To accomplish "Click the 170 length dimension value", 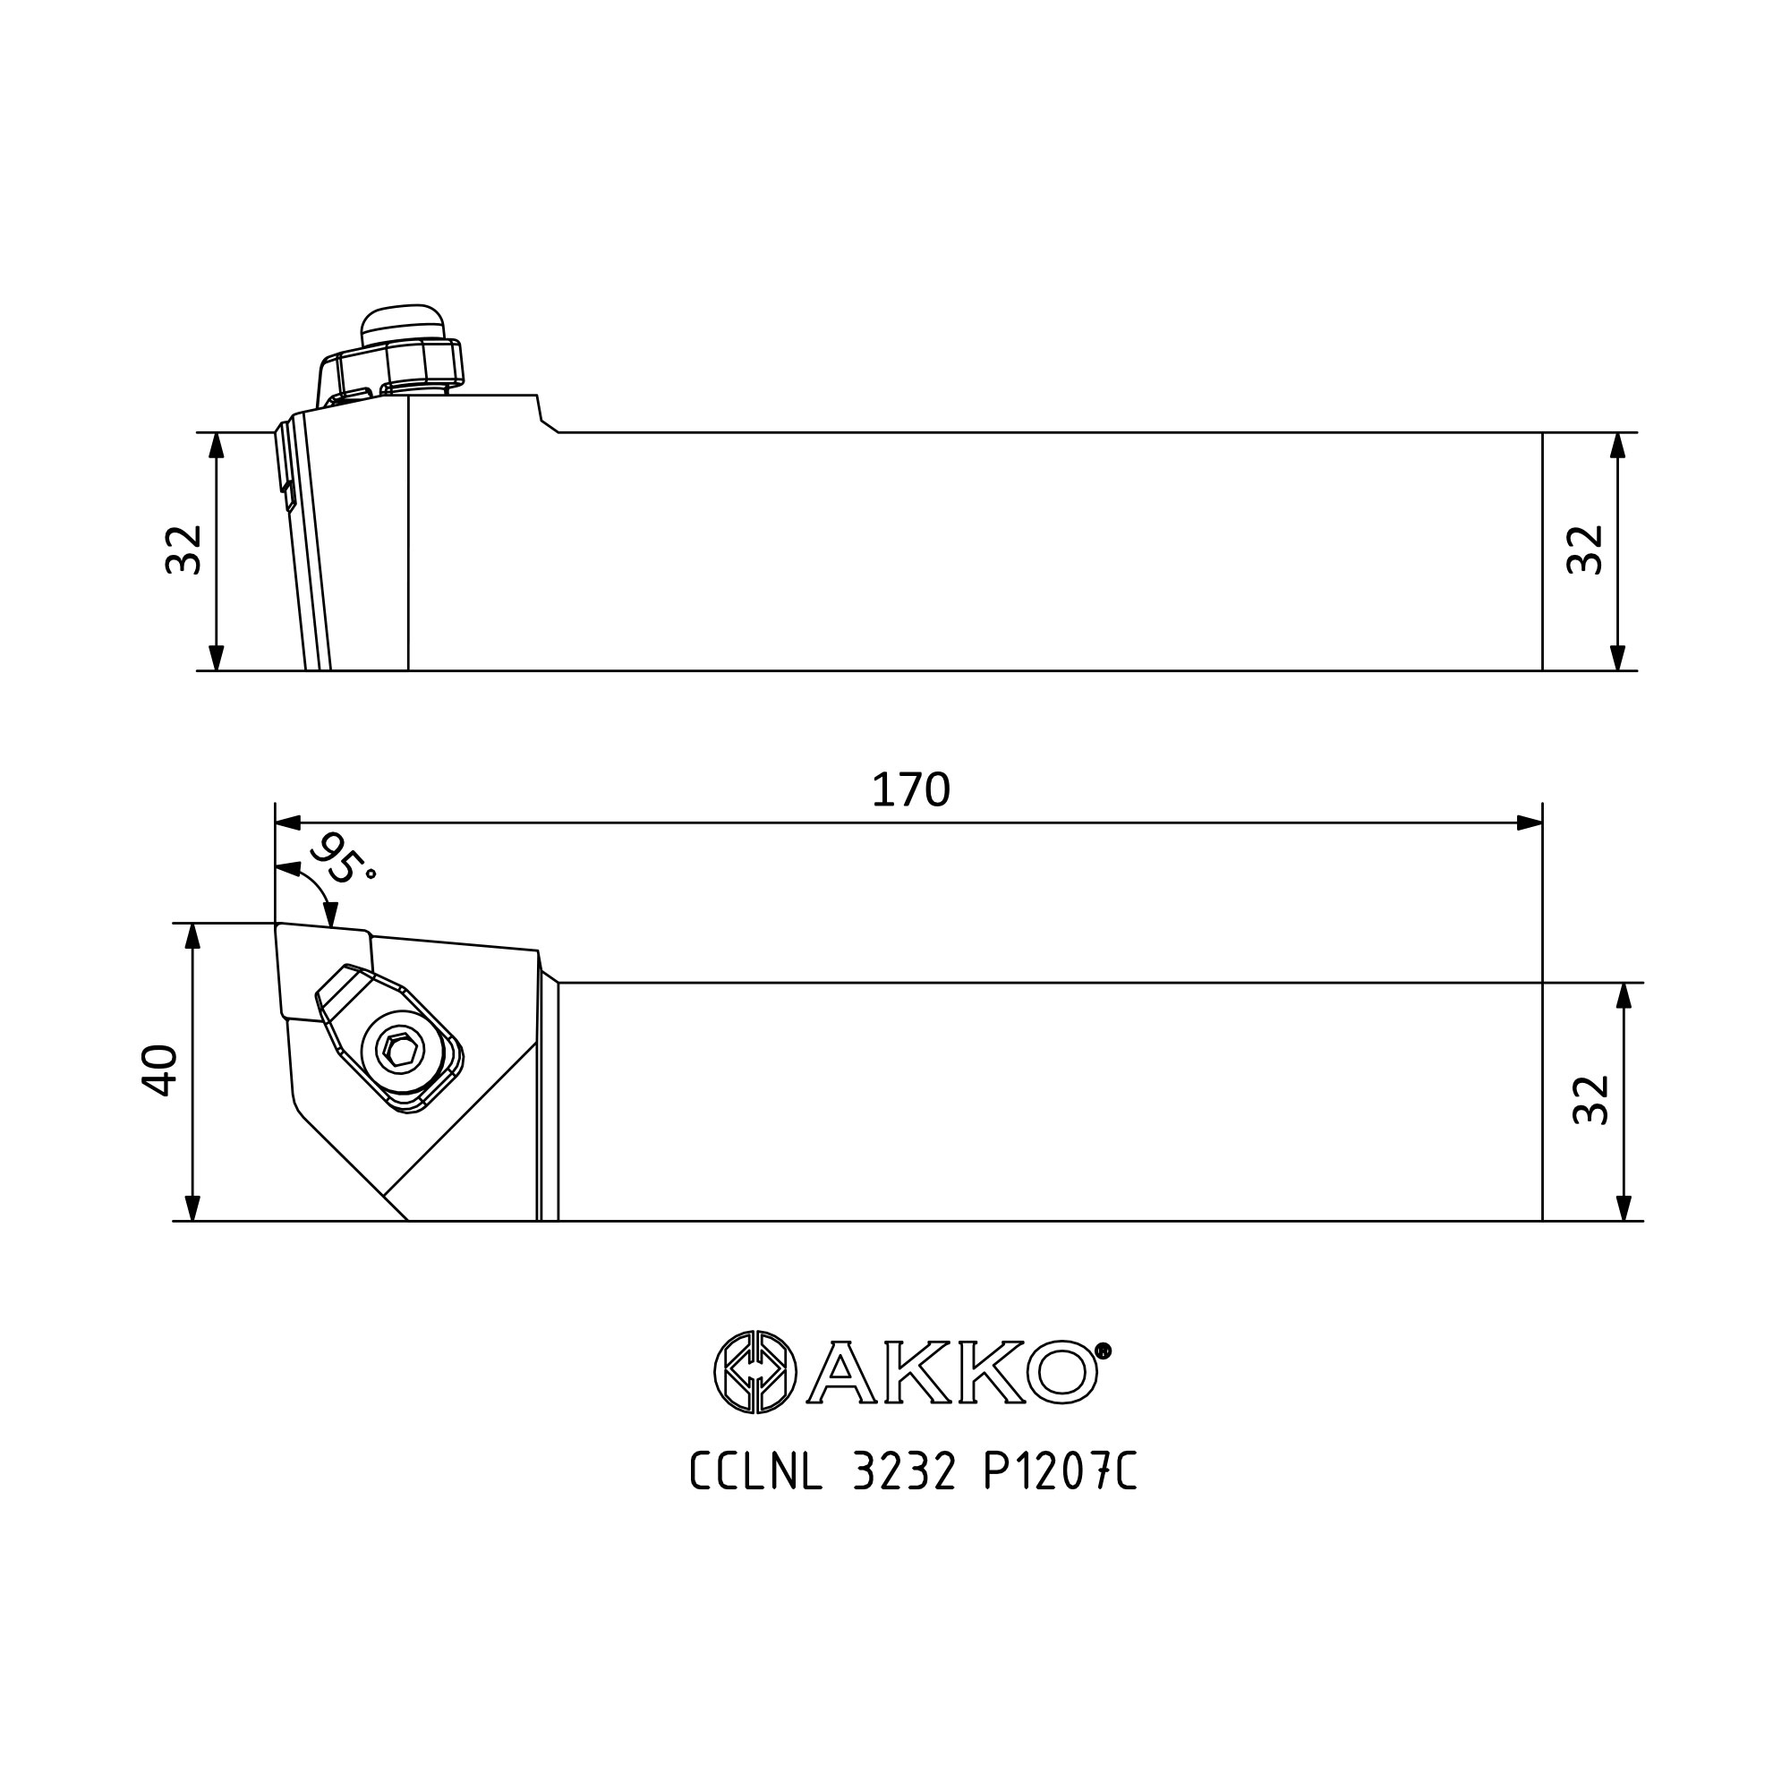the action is coord(911,789).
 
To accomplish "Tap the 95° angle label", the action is coord(341,859).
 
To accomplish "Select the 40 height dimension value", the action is coord(159,1071).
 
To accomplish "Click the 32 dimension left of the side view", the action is coord(183,550).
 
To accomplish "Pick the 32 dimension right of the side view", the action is coord(1584,550).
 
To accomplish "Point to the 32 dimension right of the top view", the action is coord(1591,1100).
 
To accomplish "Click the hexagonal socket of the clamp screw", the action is coord(401,1051).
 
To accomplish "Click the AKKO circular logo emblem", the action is coord(755,1372).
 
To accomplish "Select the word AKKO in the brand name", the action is coord(951,1372).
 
